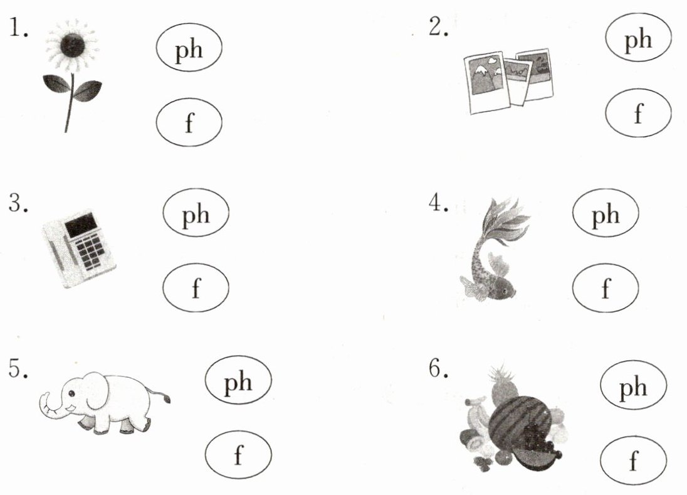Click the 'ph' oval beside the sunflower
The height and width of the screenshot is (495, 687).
coord(189,47)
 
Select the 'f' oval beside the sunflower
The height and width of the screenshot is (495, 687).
coord(189,122)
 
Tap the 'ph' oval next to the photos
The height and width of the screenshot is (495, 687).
coord(638,37)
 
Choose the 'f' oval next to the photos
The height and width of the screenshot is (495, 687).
coord(638,113)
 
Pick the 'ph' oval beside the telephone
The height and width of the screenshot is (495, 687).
coord(196,213)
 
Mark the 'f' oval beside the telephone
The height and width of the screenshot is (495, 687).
coord(196,287)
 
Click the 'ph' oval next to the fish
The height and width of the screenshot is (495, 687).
coord(606,213)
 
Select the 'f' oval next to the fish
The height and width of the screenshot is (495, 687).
coord(606,287)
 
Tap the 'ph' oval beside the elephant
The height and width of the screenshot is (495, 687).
coord(238,380)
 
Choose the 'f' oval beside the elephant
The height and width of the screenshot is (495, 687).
coord(238,455)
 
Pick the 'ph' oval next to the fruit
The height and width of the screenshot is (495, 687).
coord(634,385)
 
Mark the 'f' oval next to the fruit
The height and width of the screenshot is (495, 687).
coord(634,460)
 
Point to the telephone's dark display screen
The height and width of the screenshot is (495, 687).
coord(81,225)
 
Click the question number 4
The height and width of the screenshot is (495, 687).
coord(438,203)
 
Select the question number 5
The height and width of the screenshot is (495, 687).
coord(18,368)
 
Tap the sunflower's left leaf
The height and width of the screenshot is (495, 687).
coord(56,83)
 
